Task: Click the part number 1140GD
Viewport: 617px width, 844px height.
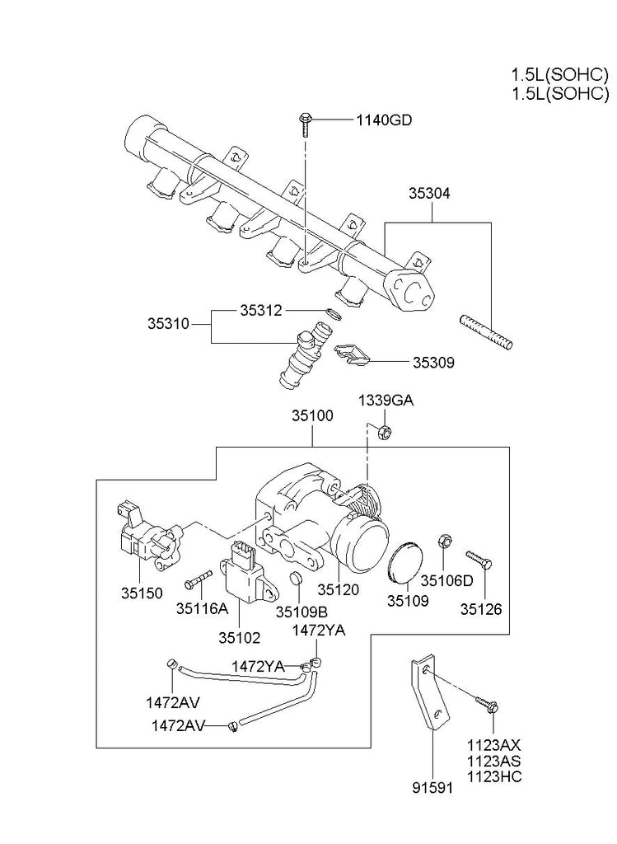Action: click(384, 120)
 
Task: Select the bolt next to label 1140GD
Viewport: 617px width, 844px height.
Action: click(306, 124)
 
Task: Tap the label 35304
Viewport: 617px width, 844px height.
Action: click(429, 193)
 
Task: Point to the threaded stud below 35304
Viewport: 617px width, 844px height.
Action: click(486, 332)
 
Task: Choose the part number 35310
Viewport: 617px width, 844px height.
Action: click(168, 324)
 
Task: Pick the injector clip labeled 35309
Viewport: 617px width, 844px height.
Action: click(352, 356)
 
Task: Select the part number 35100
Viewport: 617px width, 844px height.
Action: click(312, 415)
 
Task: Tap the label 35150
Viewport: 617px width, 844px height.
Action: click(142, 593)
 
